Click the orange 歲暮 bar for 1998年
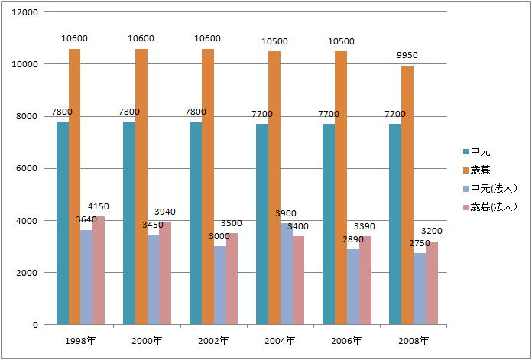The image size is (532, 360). pyautogui.click(x=74, y=186)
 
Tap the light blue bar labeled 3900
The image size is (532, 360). pyautogui.click(x=287, y=274)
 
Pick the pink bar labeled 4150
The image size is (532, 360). pyautogui.click(x=99, y=271)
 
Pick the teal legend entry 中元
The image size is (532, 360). pyautogui.click(x=480, y=151)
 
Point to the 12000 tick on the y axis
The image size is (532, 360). pyautogui.click(x=26, y=12)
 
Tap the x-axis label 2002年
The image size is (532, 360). pyautogui.click(x=213, y=340)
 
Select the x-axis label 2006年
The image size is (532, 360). pyautogui.click(x=347, y=340)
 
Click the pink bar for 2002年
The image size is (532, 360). pyautogui.click(x=232, y=279)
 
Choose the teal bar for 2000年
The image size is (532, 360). pyautogui.click(x=128, y=223)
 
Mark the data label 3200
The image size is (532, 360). pyautogui.click(x=432, y=230)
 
